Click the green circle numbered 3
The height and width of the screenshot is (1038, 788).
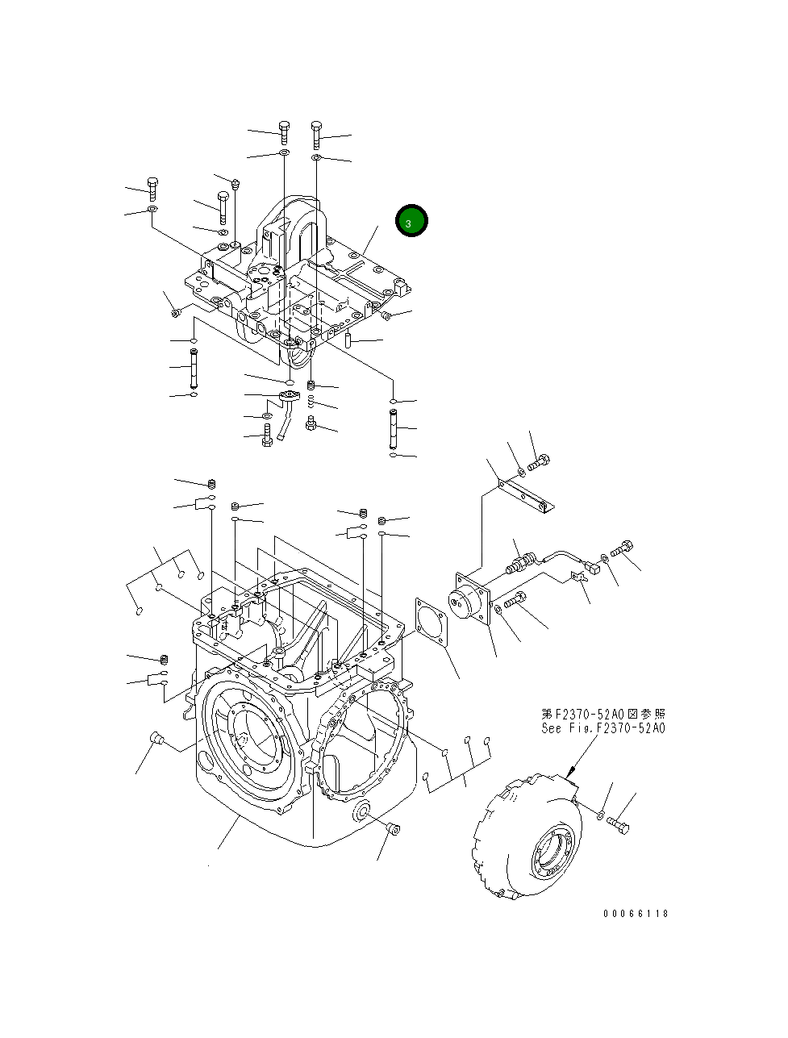[411, 221]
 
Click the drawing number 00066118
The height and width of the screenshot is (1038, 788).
[636, 914]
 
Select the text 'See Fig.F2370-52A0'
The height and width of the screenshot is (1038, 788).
[603, 728]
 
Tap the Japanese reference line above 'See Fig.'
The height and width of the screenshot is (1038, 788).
[603, 715]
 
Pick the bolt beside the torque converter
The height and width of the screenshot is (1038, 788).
[619, 826]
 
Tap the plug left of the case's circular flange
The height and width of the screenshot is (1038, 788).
[157, 738]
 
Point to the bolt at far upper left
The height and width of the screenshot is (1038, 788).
[152, 186]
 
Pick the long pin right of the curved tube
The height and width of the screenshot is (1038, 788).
[392, 427]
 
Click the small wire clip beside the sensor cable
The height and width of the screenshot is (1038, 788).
[578, 577]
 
